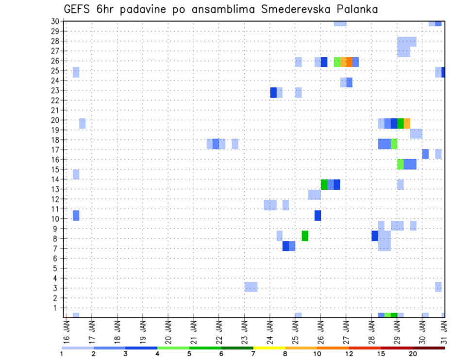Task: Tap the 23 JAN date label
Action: tap(244, 331)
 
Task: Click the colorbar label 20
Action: tap(413, 354)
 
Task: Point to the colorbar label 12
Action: tap(349, 354)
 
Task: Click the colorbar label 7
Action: tap(253, 354)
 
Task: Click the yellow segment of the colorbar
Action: tap(269, 348)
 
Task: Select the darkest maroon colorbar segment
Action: tap(429, 348)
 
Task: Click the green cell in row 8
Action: tap(305, 236)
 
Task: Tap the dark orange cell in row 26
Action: tap(349, 62)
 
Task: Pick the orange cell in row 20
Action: tap(407, 123)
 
